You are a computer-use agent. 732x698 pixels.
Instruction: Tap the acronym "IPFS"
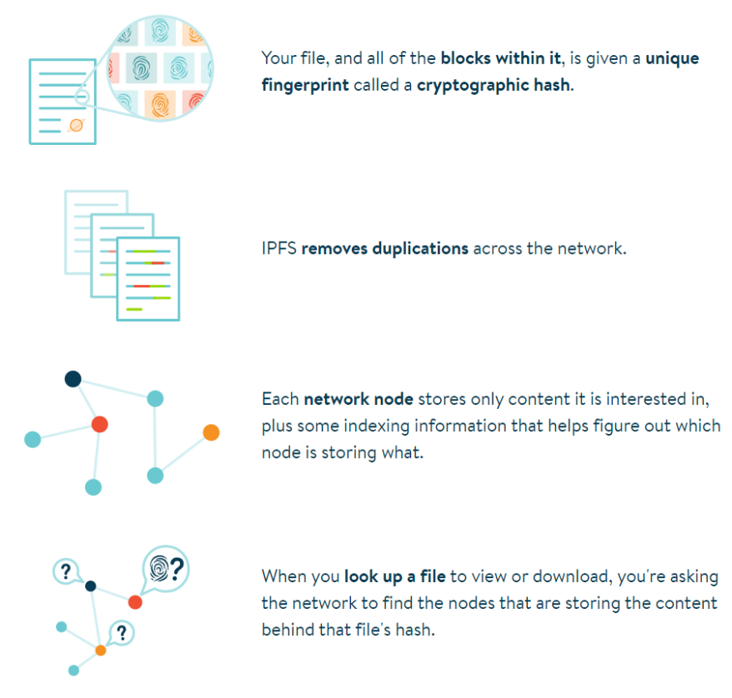pos(278,248)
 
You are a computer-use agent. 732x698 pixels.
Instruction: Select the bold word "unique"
pos(672,58)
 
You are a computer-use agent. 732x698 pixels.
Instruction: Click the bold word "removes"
pos(332,248)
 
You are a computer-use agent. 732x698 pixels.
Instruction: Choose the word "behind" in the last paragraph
pos(288,629)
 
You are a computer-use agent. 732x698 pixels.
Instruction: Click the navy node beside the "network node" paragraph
pos(73,379)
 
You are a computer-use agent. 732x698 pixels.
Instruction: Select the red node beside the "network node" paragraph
pos(99,424)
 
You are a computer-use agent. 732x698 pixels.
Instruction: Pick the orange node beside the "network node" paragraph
pos(211,432)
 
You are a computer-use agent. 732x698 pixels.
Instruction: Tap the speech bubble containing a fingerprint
pos(165,569)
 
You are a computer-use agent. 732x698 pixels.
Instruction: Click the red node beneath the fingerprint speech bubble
pos(135,601)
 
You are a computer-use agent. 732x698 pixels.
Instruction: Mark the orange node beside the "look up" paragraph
pos(101,650)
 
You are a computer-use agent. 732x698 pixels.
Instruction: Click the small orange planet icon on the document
pos(76,125)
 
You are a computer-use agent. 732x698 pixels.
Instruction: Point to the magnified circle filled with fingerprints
pos(162,66)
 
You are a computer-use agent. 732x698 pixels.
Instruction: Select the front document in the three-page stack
pos(148,279)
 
